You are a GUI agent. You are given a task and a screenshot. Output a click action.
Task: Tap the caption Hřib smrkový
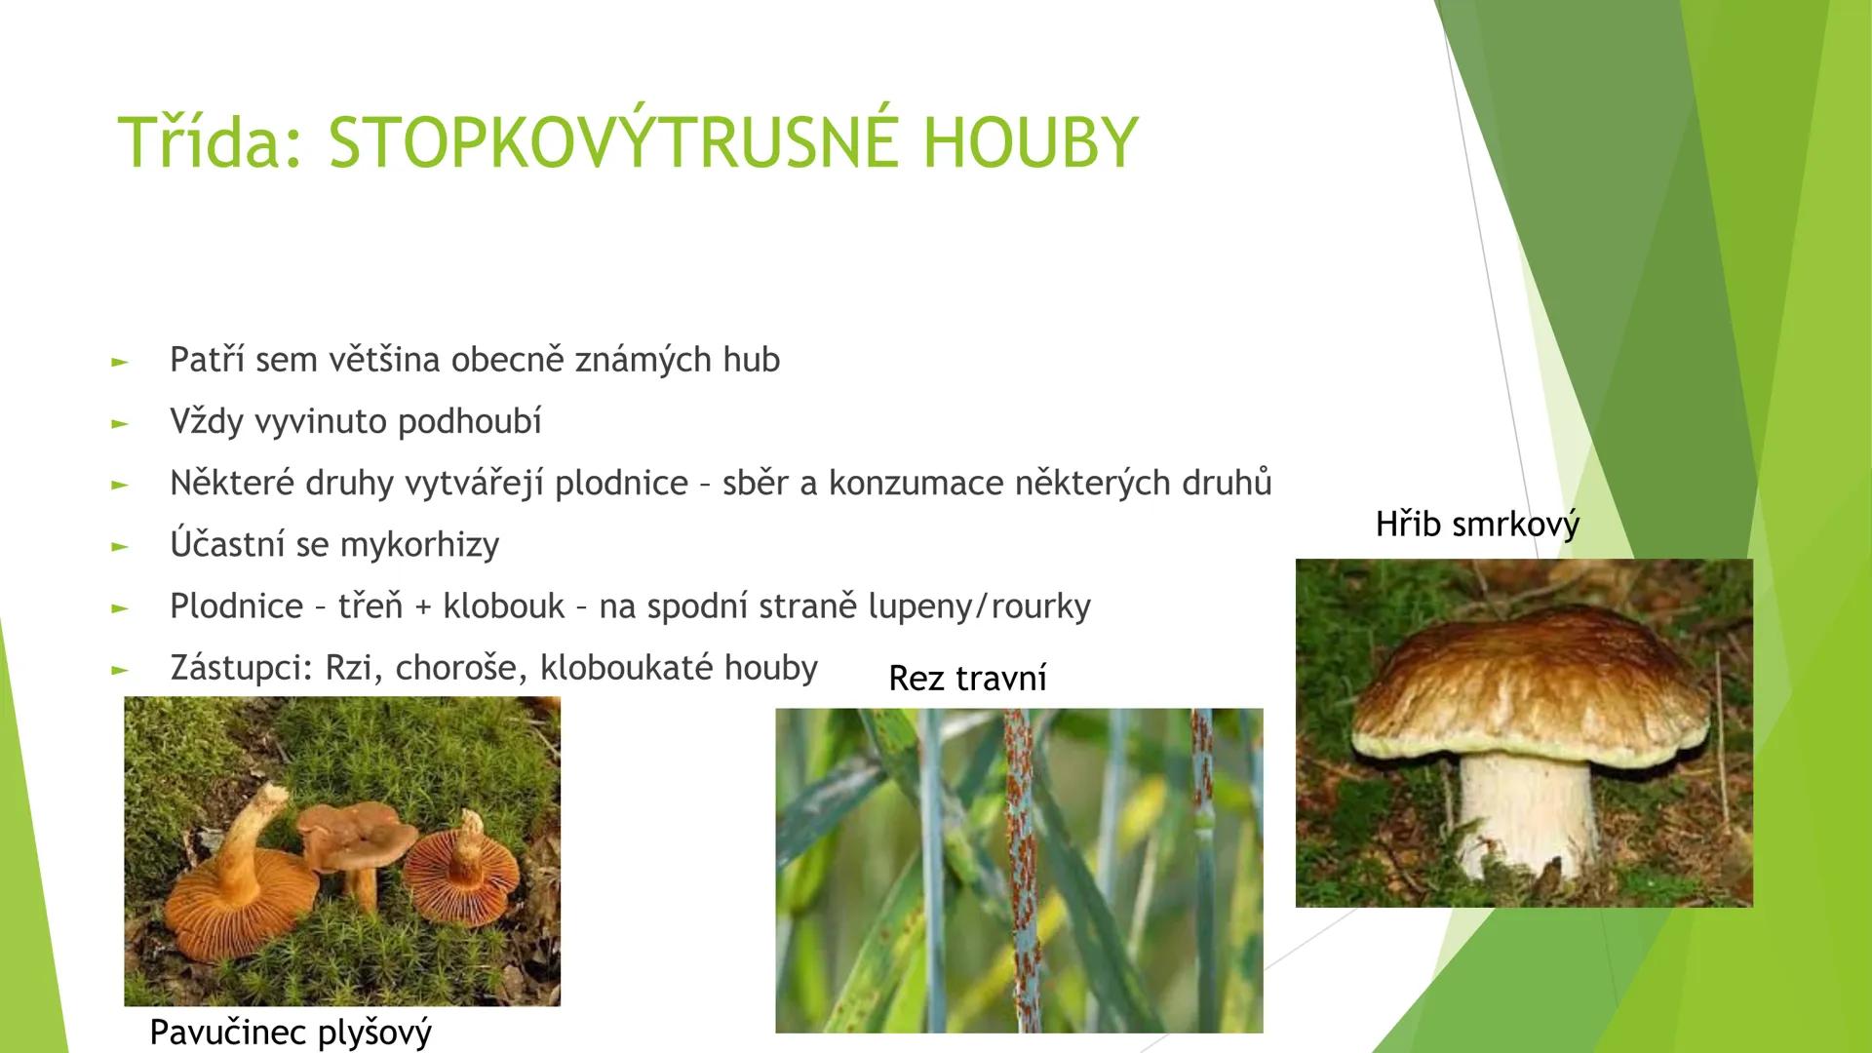click(1476, 525)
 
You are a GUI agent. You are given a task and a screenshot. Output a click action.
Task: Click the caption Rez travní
click(967, 678)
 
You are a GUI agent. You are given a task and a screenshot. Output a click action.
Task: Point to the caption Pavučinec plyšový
click(291, 1031)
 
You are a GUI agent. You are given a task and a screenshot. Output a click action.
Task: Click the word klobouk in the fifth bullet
click(503, 605)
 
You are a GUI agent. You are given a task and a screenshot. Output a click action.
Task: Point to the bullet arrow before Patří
click(120, 362)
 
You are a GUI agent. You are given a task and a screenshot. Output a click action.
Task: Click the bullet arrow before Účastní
click(120, 546)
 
